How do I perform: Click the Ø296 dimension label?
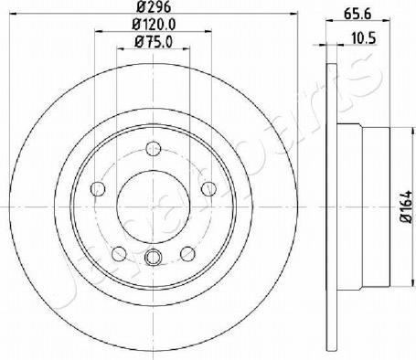(154, 6)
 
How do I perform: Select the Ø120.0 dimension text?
(154, 25)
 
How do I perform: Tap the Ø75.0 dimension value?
(154, 42)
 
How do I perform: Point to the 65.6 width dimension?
(357, 14)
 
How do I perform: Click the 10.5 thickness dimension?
(364, 38)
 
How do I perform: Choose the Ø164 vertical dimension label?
(407, 207)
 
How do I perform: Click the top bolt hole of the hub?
(153, 149)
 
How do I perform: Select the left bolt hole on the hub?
(98, 189)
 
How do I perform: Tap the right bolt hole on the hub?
(208, 189)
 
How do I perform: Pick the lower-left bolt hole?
(119, 254)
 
